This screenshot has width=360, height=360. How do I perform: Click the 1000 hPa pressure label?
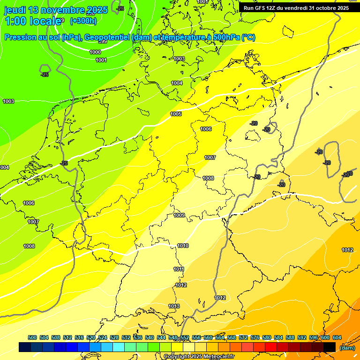click(95, 52)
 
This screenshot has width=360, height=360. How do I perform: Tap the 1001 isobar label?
click(101, 60)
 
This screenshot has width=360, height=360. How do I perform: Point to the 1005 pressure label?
click(176, 114)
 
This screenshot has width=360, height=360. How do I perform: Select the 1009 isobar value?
click(179, 215)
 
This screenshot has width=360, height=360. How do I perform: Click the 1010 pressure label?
click(183, 246)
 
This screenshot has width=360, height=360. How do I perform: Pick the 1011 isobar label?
click(179, 269)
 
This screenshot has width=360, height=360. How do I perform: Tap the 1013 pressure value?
click(174, 306)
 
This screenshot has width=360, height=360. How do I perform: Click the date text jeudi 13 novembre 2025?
click(56, 10)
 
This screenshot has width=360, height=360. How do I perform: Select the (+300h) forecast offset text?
click(83, 21)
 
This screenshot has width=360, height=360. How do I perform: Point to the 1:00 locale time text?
click(32, 21)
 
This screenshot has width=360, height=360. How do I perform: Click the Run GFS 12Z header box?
click(296, 8)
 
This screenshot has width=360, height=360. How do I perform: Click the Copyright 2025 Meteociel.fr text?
click(199, 356)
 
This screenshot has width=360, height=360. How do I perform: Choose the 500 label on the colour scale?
click(32, 337)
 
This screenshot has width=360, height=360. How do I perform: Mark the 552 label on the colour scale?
click(185, 337)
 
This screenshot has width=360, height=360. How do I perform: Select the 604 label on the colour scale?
click(337, 337)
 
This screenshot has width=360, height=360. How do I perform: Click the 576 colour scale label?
click(255, 337)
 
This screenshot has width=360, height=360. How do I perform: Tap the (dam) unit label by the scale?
click(347, 347)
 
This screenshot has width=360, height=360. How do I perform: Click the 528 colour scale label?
click(114, 337)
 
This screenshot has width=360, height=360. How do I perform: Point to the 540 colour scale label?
click(150, 337)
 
